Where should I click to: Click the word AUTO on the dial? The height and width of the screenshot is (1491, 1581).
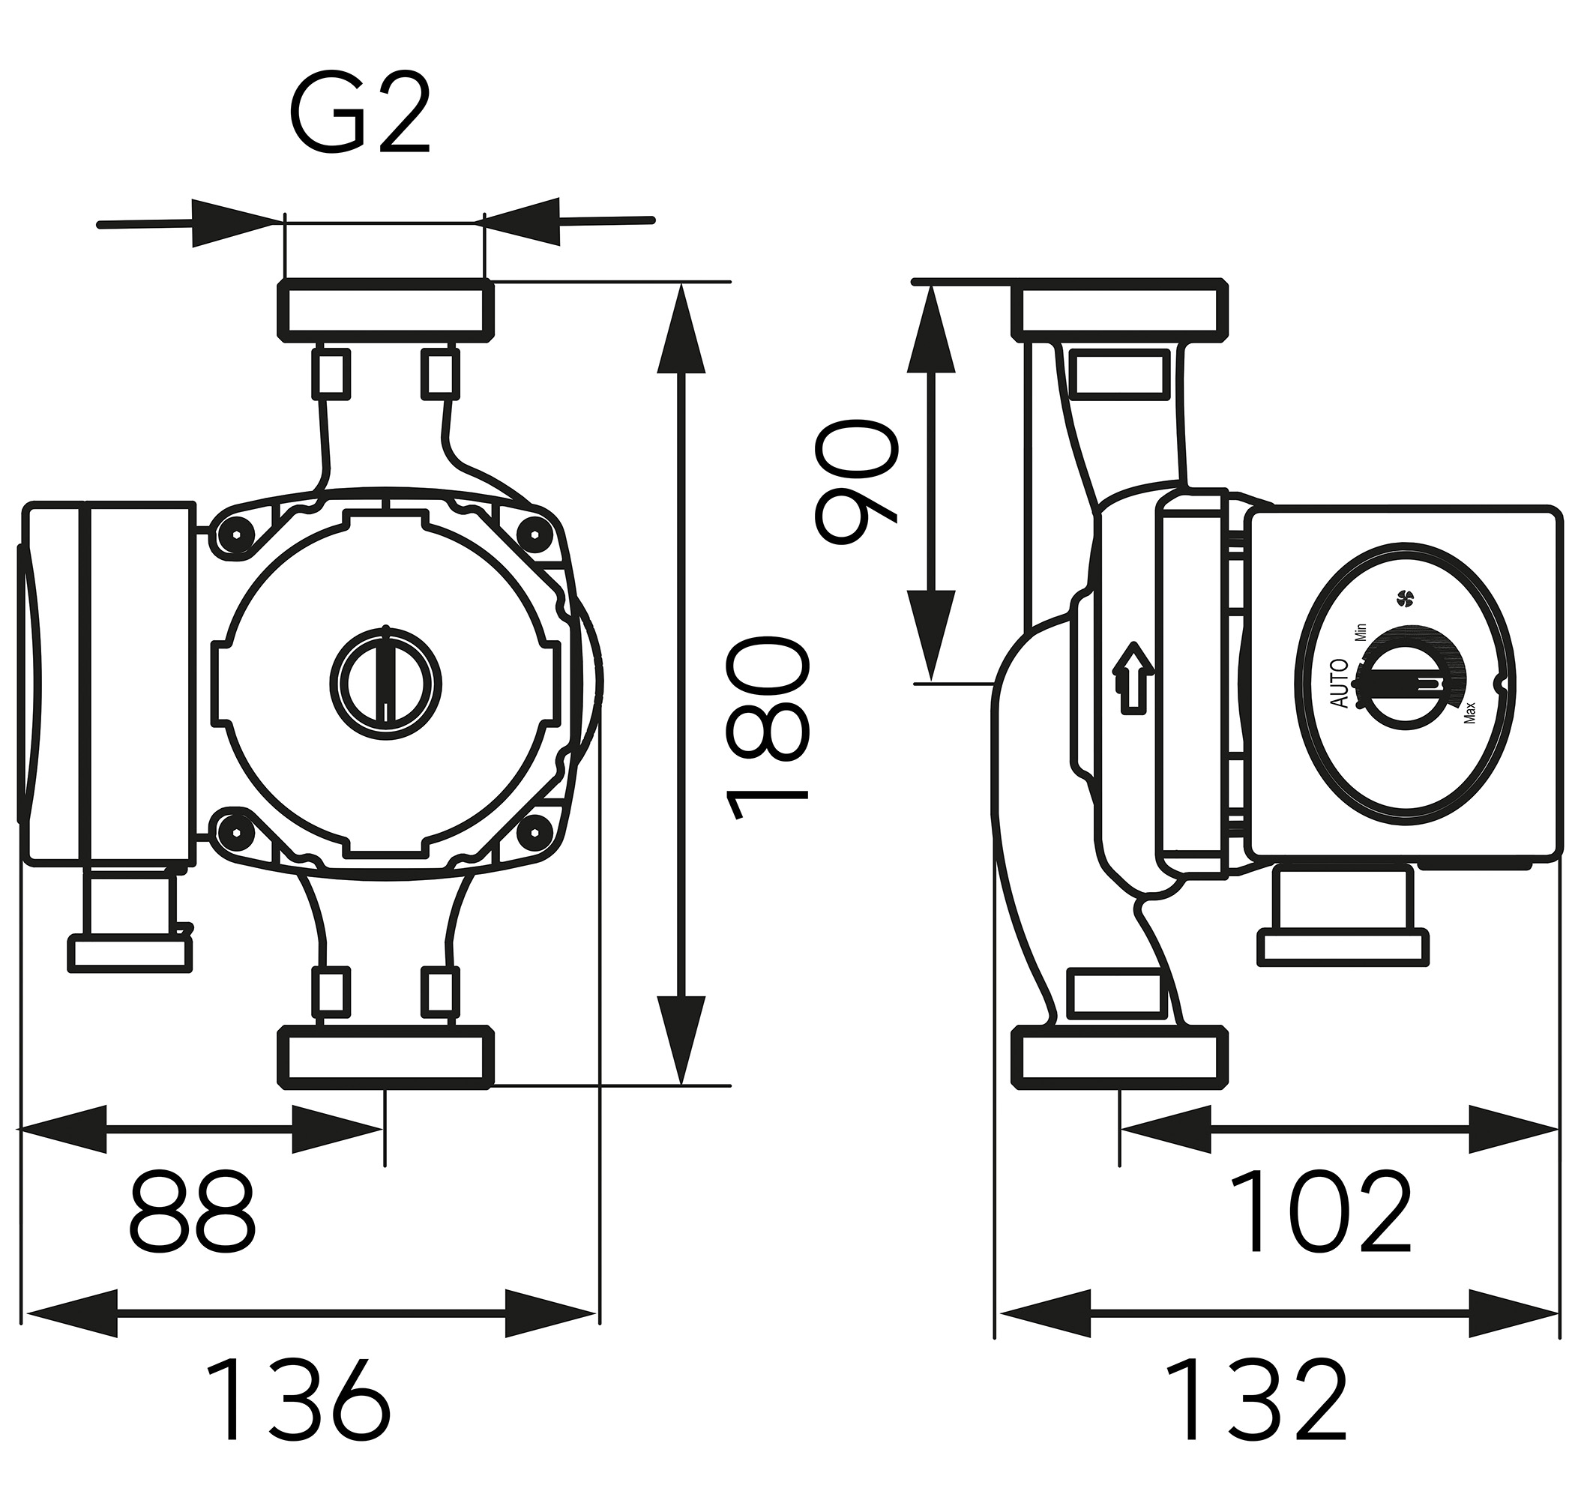(x=1340, y=684)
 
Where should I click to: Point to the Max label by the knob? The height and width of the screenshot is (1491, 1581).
(x=1469, y=711)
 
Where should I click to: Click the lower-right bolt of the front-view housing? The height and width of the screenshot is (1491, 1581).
(x=535, y=833)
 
